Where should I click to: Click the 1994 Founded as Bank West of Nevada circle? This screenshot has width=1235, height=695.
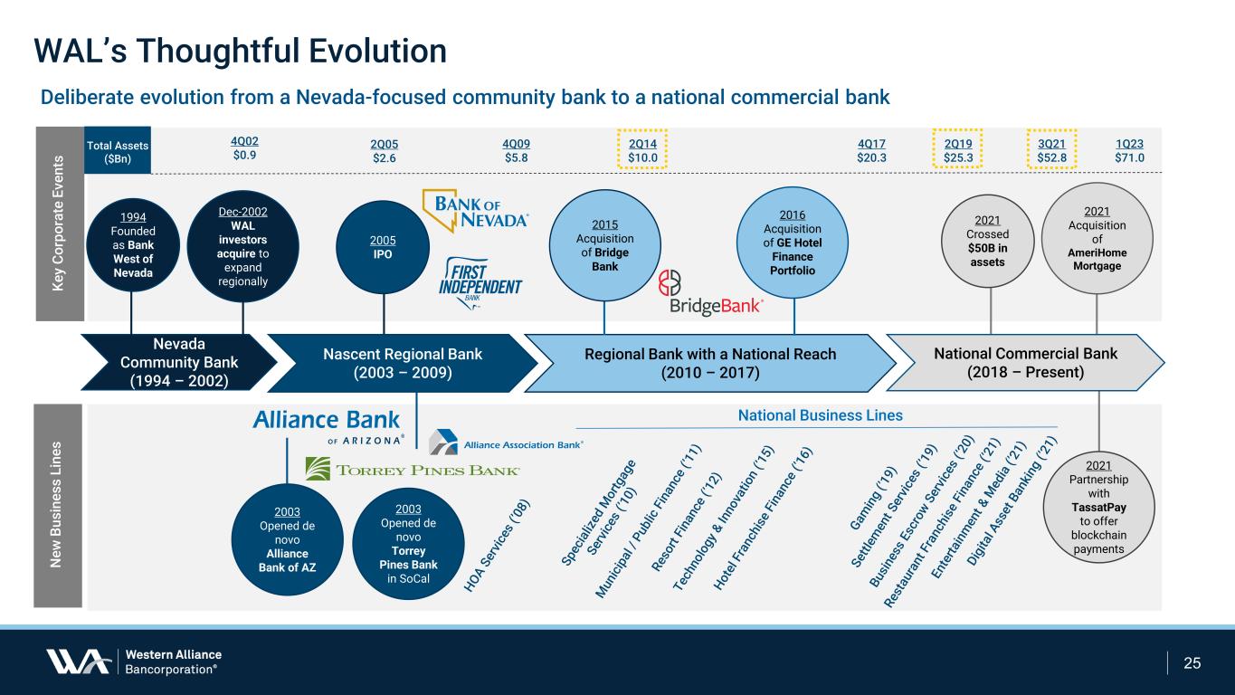point(133,245)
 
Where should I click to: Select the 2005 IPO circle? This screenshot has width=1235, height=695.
point(383,248)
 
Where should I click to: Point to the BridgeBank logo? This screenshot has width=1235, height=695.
point(710,293)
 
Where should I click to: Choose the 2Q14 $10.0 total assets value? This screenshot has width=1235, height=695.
point(642,150)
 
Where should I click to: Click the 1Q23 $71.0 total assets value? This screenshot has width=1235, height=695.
point(1129,150)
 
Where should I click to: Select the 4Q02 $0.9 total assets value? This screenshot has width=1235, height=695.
point(244,148)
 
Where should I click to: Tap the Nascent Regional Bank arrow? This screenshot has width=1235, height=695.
point(403,363)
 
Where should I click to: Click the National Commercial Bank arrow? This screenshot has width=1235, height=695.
point(1025,362)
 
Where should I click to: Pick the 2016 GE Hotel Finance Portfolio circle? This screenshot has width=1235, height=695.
point(793,243)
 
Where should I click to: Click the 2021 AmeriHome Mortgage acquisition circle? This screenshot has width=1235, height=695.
point(1097,238)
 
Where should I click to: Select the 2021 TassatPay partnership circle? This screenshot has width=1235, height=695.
point(1098,507)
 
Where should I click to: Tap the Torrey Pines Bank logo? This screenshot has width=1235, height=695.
point(413,469)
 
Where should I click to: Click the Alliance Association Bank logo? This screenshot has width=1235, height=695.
point(506,443)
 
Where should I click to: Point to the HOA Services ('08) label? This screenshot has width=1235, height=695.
point(497,546)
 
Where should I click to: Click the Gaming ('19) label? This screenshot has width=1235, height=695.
point(873,498)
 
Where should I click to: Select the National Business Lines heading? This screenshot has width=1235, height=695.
point(820,415)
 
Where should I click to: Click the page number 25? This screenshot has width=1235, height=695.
point(1192,663)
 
